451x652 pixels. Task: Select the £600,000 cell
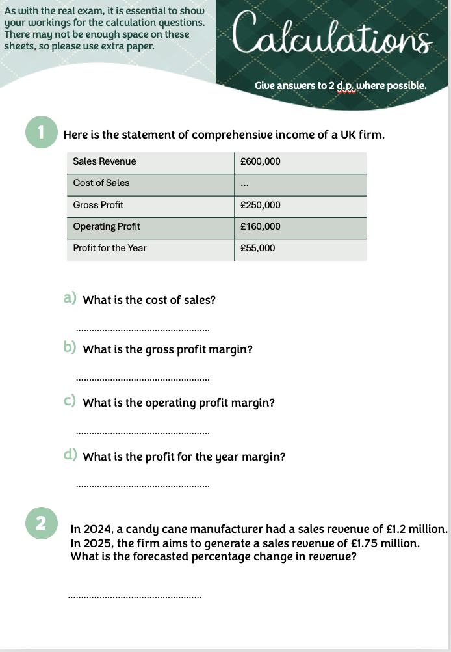pos(260,161)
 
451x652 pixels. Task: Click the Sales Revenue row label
pos(105,161)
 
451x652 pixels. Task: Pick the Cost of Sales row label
pos(101,183)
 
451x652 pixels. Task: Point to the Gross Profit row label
pos(98,205)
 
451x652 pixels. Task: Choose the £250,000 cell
pos(260,205)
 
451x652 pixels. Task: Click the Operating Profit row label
pos(107,226)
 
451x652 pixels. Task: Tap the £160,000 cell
pos(260,226)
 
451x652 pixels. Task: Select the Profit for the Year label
pos(110,248)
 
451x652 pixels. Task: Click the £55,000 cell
pos(257,248)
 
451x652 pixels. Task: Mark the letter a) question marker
pos(70,299)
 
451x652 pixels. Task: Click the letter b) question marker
pos(70,348)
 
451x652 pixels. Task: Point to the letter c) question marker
pos(70,401)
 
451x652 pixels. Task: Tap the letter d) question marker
pos(70,455)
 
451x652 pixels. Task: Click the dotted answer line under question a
pos(143,329)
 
